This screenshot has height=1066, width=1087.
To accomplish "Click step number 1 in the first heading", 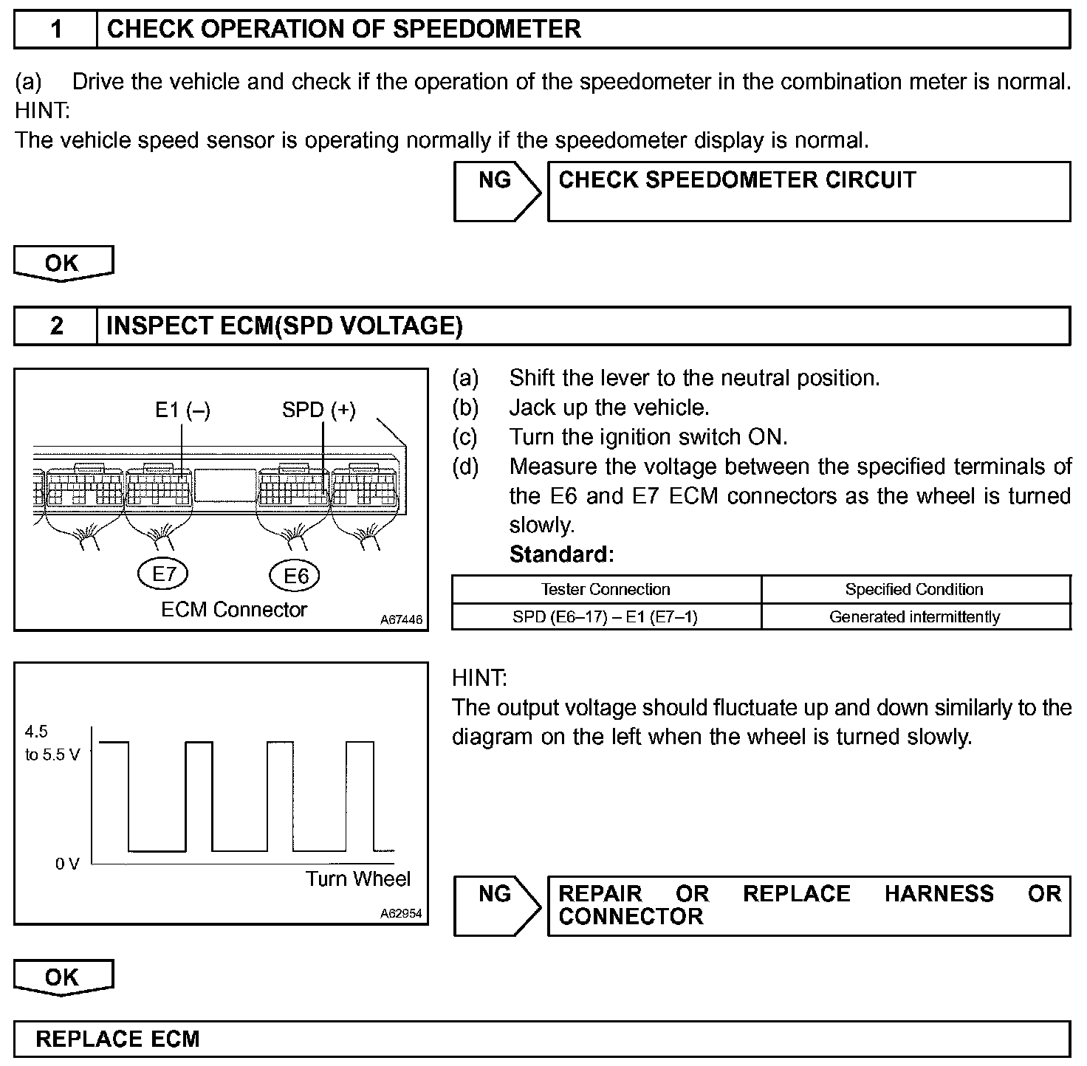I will (56, 30).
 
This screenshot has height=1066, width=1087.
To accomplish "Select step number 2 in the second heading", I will (56, 326).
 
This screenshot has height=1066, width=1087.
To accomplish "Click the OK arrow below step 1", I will (62, 264).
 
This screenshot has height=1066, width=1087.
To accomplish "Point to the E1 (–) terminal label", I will (182, 410).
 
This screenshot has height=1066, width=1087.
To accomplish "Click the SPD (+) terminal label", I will (319, 410).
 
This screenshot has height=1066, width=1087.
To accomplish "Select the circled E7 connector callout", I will (163, 574).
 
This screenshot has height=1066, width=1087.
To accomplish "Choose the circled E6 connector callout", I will (295, 576).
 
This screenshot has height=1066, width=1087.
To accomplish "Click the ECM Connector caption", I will (233, 610).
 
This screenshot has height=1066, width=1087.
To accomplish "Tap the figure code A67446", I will (402, 620).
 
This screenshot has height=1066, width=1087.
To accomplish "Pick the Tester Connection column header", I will (606, 589).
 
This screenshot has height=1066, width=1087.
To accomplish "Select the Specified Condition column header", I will (914, 589).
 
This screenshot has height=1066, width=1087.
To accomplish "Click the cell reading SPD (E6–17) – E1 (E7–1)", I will (606, 617).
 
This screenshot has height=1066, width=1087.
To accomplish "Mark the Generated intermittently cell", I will (914, 617).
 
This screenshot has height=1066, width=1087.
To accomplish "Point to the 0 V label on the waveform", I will (67, 864).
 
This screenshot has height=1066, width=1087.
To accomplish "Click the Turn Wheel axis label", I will (358, 879).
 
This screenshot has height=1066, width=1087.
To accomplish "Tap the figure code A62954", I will (402, 914).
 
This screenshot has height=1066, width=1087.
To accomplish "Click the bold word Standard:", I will (561, 554).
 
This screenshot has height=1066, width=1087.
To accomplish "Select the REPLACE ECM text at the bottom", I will (118, 1039).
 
